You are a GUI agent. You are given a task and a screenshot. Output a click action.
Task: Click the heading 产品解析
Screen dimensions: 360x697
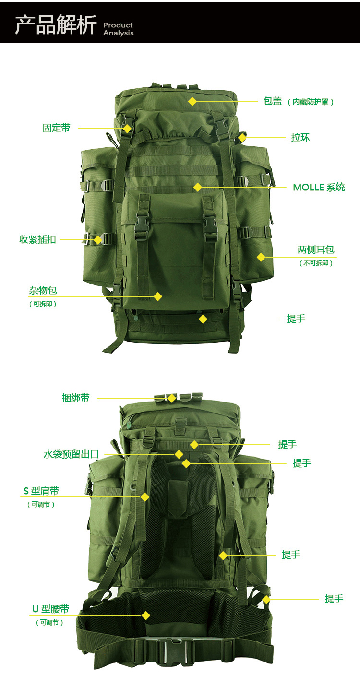tap(56, 25)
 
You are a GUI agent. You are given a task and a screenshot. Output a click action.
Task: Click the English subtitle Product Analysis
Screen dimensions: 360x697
tap(119, 29)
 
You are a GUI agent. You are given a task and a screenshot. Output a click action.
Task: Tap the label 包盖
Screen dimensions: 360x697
tap(273, 101)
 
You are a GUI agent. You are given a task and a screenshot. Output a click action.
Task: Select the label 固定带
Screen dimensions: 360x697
tap(57, 128)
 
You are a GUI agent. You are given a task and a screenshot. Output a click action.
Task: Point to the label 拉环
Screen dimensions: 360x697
tap(300, 137)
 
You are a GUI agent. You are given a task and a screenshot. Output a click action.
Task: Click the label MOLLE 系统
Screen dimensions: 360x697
tap(319, 187)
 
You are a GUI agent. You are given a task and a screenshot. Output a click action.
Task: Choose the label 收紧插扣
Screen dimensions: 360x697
tap(38, 239)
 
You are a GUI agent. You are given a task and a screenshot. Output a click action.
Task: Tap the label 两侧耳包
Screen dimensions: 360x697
tap(316, 249)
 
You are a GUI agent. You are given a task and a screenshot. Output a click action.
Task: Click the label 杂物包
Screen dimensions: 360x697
tap(43, 290)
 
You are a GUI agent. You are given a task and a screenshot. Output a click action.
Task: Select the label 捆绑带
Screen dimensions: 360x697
tap(76, 398)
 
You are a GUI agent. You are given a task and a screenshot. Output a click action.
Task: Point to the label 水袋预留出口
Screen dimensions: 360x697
tap(71, 454)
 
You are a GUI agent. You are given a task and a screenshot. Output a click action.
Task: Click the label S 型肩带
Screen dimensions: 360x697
tap(41, 491)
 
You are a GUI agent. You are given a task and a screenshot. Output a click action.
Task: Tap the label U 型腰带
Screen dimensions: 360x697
tap(51, 609)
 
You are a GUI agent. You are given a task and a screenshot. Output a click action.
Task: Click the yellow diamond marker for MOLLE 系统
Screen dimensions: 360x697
tap(197, 187)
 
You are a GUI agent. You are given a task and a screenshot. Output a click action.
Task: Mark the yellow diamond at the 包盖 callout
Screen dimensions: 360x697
tap(192, 101)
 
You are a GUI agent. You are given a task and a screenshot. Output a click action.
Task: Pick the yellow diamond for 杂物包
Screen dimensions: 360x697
tap(158, 296)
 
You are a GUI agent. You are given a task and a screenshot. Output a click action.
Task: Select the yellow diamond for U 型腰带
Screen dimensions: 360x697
tap(146, 615)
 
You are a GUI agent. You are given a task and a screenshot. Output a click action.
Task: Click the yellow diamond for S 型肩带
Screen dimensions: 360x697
tap(144, 497)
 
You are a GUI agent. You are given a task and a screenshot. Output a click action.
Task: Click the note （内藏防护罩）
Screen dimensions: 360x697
tap(311, 102)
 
